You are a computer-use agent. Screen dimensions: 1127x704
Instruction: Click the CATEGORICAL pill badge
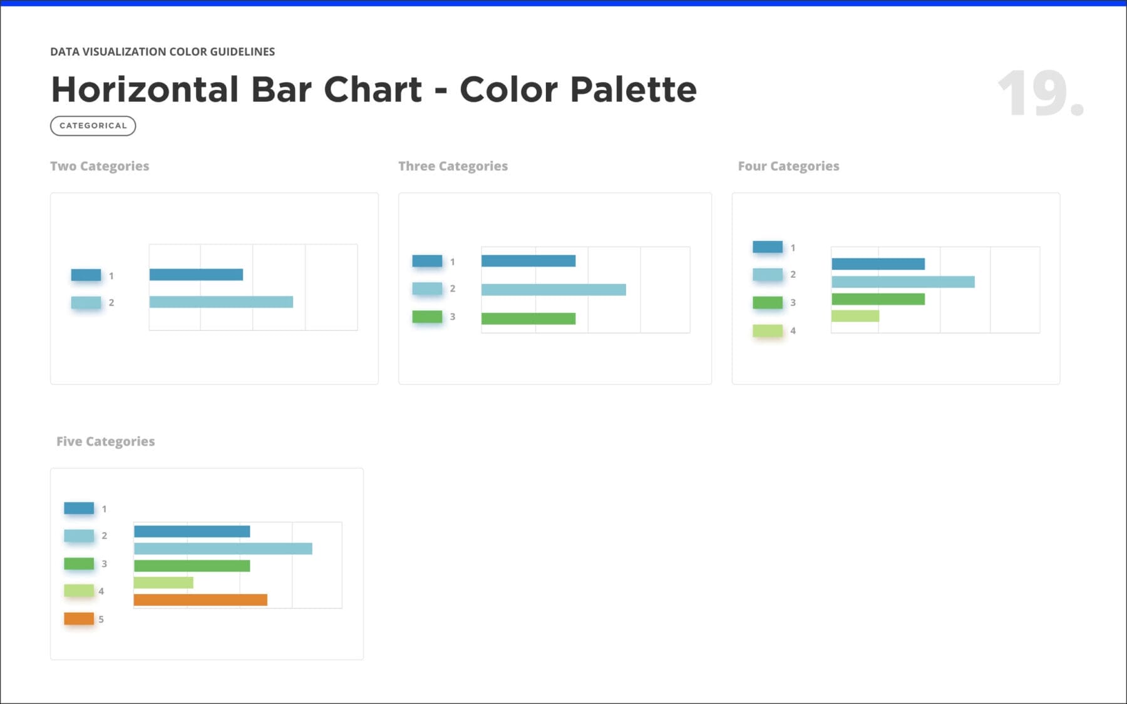pyautogui.click(x=93, y=126)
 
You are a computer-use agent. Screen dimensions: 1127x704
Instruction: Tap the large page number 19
pyautogui.click(x=1040, y=94)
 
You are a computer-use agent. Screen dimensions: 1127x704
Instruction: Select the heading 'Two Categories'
pyautogui.click(x=100, y=166)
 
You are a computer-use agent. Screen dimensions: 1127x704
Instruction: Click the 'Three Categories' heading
pyautogui.click(x=453, y=166)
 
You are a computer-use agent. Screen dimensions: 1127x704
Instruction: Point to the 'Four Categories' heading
pyautogui.click(x=788, y=166)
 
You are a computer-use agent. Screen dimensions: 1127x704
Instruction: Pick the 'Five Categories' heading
pyautogui.click(x=105, y=441)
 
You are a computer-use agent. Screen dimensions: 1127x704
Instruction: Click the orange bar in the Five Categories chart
pyautogui.click(x=200, y=600)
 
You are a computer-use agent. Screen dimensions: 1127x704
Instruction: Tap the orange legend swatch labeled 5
pyautogui.click(x=79, y=619)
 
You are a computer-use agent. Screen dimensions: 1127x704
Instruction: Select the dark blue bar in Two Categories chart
pyautogui.click(x=196, y=275)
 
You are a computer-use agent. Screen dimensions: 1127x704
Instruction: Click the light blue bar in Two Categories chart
pyautogui.click(x=221, y=302)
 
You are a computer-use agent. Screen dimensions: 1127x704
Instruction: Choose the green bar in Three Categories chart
pyautogui.click(x=528, y=319)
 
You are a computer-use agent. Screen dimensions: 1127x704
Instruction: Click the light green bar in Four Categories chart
pyautogui.click(x=855, y=316)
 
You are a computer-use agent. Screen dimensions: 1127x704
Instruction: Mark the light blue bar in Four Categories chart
pyautogui.click(x=903, y=282)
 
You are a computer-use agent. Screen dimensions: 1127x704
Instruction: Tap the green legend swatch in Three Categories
pyautogui.click(x=427, y=317)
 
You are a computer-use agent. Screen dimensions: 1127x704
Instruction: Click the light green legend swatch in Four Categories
pyautogui.click(x=768, y=330)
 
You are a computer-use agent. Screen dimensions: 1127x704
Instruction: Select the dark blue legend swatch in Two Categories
pyautogui.click(x=86, y=275)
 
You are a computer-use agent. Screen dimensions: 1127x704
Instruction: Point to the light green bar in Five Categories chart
pyautogui.click(x=163, y=583)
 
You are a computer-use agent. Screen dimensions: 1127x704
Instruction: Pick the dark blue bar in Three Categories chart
pyautogui.click(x=528, y=261)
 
